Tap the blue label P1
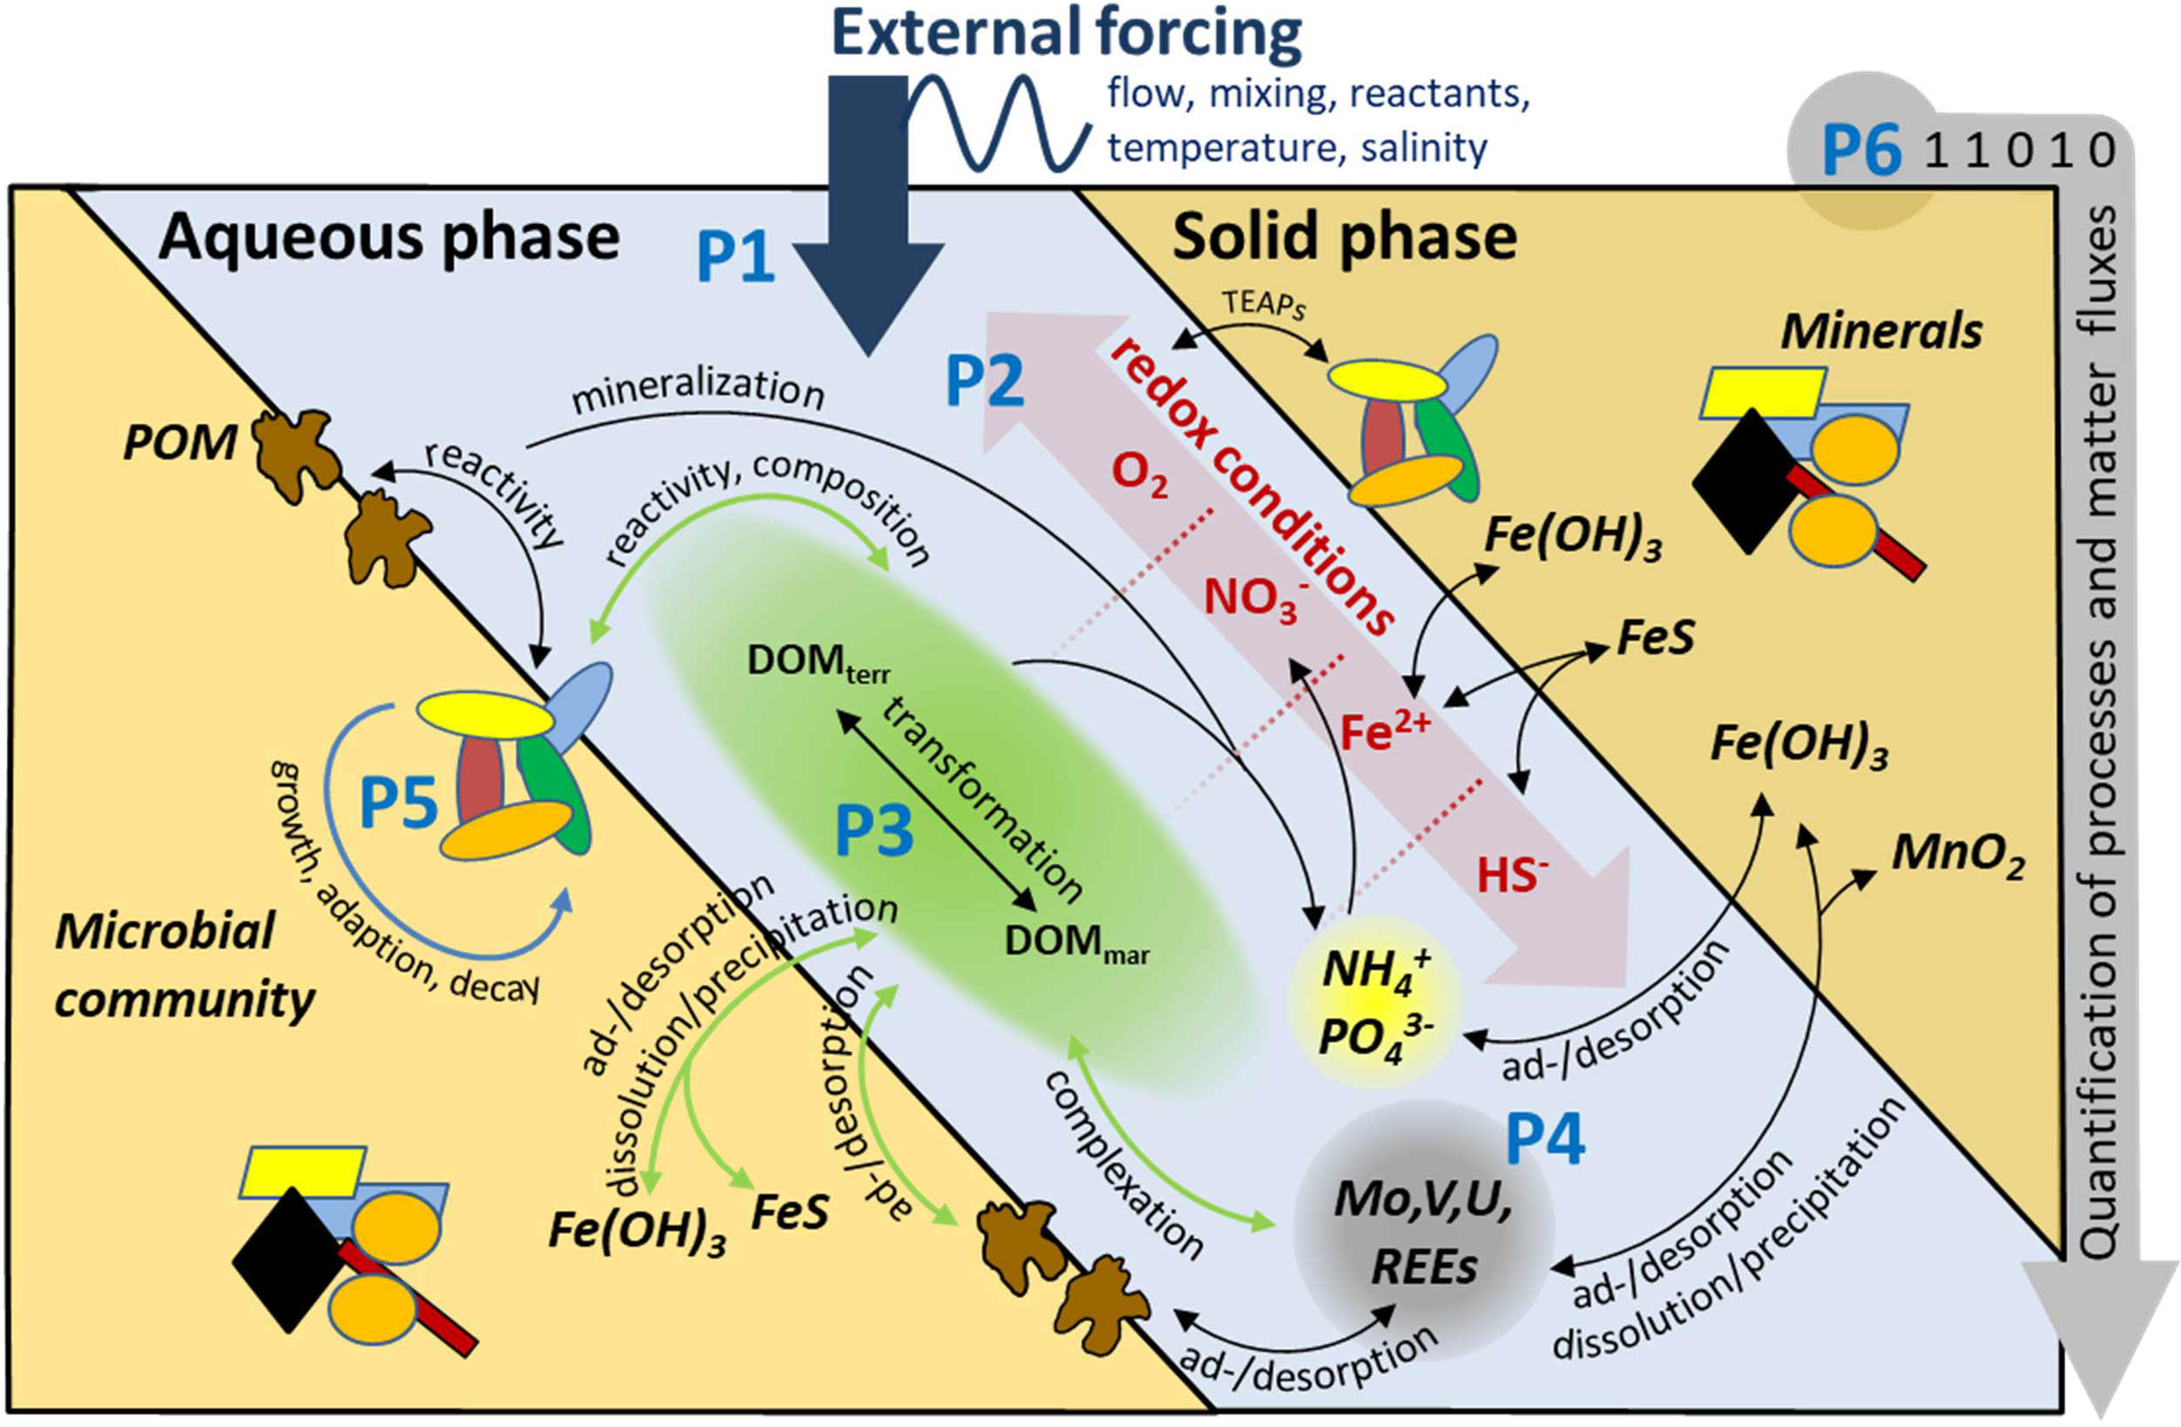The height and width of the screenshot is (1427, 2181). pos(735,257)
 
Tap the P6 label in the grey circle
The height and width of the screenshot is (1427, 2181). pos(1861,151)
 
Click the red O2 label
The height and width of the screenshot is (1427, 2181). pos(1139,473)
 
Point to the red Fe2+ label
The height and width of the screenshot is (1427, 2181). pos(1384,729)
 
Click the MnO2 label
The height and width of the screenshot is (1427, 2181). pos(1958,854)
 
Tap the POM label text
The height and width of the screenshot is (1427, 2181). pos(180,444)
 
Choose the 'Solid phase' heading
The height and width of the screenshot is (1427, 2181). pos(1344,237)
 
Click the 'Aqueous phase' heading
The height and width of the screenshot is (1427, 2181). pos(388,237)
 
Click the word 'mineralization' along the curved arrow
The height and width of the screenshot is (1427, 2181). pos(698,389)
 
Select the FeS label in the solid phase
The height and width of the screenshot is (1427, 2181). pos(1655,637)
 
